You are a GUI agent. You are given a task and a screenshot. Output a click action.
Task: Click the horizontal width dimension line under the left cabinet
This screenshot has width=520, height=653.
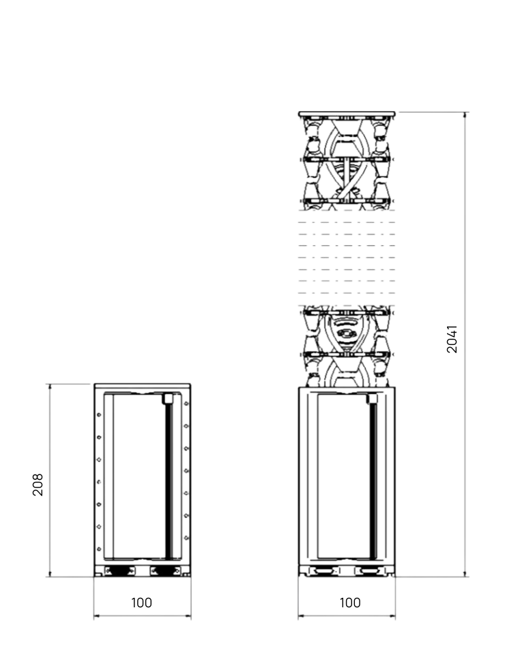point(142,616)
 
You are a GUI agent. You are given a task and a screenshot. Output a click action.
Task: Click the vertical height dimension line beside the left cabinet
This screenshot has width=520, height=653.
point(50,481)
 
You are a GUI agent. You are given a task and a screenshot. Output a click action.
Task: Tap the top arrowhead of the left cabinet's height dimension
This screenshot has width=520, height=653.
point(50,386)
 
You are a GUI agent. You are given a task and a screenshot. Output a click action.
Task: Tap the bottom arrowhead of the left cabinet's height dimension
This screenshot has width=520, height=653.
point(50,575)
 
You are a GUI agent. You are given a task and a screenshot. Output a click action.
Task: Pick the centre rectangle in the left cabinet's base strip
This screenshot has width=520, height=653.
point(142,570)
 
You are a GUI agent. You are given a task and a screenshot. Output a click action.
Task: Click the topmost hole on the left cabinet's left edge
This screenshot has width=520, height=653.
point(99,414)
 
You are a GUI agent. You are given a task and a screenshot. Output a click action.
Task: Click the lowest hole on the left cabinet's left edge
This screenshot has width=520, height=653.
point(99,549)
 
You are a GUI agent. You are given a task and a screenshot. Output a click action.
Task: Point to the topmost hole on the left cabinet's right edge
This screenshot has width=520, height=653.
point(186,404)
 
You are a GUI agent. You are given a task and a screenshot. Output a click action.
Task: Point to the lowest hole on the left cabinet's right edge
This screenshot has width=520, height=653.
point(186,538)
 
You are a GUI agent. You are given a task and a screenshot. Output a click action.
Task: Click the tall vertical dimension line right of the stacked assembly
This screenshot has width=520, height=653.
point(465,341)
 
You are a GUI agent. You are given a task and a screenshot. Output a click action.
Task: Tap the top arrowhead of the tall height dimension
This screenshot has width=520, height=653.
point(465,114)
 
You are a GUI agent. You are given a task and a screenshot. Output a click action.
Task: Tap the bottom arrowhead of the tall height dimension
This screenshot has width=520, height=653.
point(465,575)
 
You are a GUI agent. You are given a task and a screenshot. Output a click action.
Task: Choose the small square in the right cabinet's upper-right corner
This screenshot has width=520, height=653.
point(372,399)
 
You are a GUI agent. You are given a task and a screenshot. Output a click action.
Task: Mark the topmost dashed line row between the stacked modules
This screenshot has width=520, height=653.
point(347,222)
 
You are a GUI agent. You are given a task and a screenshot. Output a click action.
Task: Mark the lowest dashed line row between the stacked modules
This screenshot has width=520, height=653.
point(347,292)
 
